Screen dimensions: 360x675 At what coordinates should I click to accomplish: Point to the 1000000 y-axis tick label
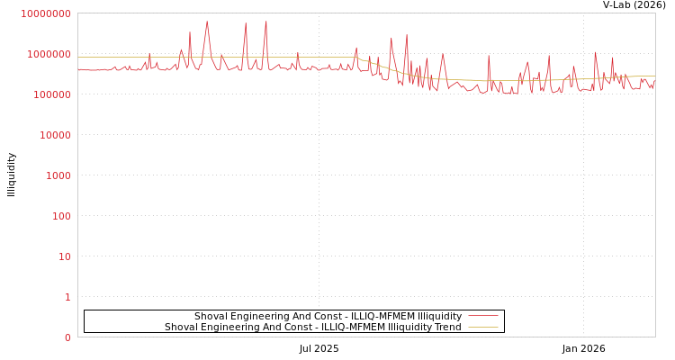(x=49, y=54)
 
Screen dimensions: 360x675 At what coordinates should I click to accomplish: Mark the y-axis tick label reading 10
(x=64, y=256)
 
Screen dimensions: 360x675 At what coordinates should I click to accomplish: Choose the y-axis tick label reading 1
(x=67, y=297)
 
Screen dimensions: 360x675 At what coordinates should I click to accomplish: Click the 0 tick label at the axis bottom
(x=67, y=337)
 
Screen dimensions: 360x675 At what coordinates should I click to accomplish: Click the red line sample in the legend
(x=483, y=316)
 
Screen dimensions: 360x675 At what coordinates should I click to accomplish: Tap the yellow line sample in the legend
(x=483, y=327)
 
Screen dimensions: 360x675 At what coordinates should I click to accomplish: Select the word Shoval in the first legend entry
(x=211, y=316)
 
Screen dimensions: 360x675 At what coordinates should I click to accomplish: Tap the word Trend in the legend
(x=448, y=327)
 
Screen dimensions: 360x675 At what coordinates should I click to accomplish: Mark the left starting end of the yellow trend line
(x=78, y=57)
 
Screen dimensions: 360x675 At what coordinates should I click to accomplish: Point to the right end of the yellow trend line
(x=654, y=76)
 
